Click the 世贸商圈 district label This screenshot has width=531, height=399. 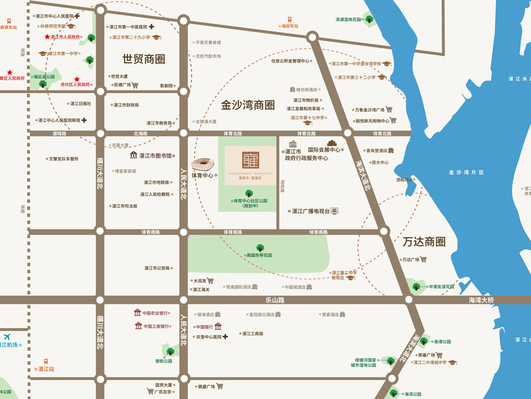(x=143, y=59)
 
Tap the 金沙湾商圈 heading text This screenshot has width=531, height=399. (x=247, y=105)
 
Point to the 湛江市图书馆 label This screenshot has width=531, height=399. (x=155, y=155)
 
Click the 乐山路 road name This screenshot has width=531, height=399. (x=275, y=300)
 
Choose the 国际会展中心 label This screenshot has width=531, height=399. (x=323, y=150)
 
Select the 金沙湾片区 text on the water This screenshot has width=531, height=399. (x=466, y=171)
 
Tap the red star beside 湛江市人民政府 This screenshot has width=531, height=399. (x=48, y=36)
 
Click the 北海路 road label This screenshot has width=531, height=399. (x=140, y=133)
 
